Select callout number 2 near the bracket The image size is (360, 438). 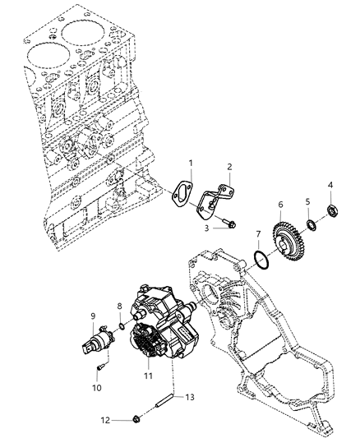tap(229, 165)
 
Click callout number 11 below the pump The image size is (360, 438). tap(149, 377)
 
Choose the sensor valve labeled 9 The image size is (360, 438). tap(102, 338)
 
